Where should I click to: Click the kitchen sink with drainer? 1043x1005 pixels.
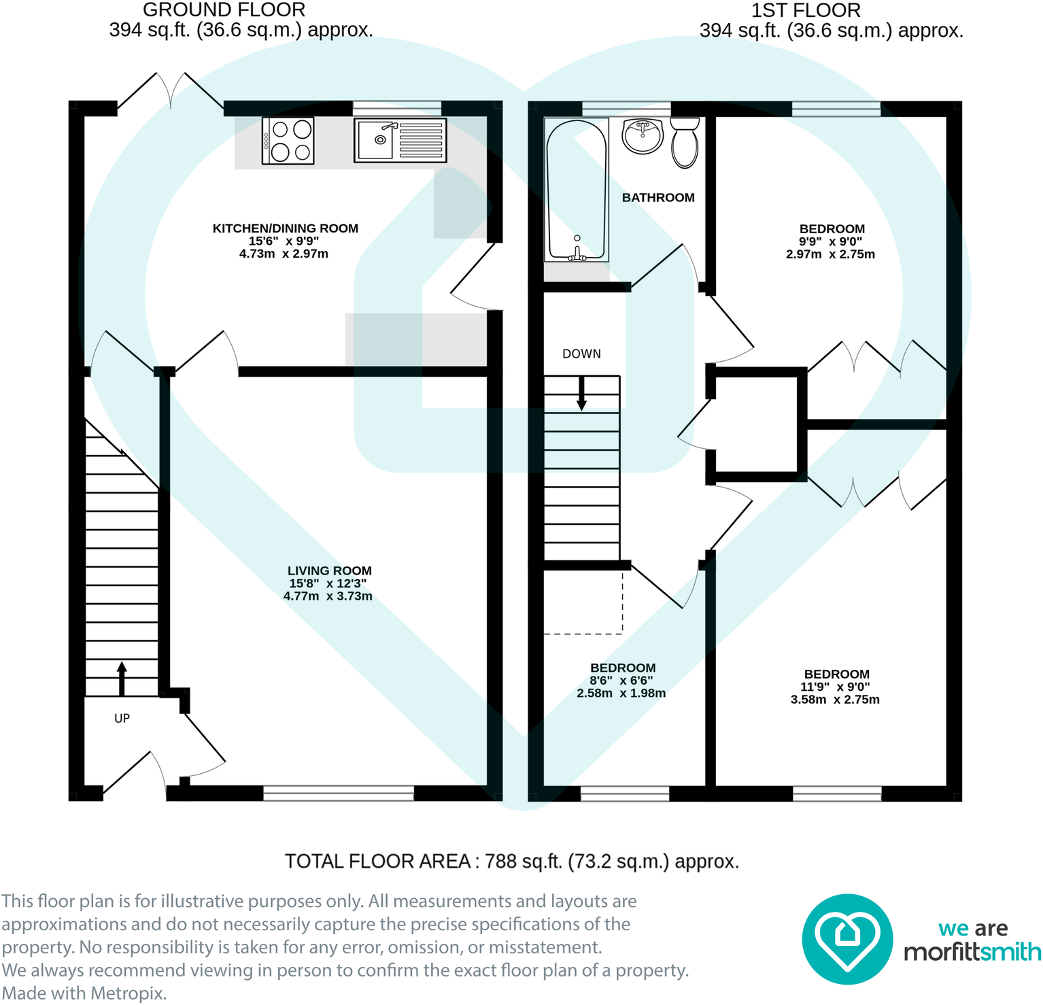coord(400,141)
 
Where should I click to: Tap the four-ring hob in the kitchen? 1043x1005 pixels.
coord(288,141)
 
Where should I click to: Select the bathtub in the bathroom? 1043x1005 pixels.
coord(577,190)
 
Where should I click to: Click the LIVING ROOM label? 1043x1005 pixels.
coord(329,571)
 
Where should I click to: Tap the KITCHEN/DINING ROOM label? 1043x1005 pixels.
coord(286,228)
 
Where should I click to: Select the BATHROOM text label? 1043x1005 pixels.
coord(658,198)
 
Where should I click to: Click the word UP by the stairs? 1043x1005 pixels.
coord(122,719)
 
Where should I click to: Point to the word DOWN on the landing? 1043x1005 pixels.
coord(581,354)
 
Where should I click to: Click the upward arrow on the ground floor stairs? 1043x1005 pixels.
coord(122,678)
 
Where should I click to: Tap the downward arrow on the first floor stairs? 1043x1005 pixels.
coord(581,394)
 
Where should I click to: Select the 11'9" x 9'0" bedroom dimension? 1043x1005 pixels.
coord(835,687)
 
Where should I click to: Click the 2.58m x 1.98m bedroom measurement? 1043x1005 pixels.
coord(621,694)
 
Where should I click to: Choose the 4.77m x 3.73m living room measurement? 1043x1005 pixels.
coord(328,596)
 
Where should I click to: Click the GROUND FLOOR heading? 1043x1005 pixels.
coord(224,10)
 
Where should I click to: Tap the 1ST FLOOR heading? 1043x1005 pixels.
coord(806,10)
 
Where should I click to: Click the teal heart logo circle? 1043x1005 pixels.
coord(847,939)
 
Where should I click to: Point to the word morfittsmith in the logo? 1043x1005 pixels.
coord(972,952)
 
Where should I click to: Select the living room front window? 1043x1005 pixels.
coord(339,793)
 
